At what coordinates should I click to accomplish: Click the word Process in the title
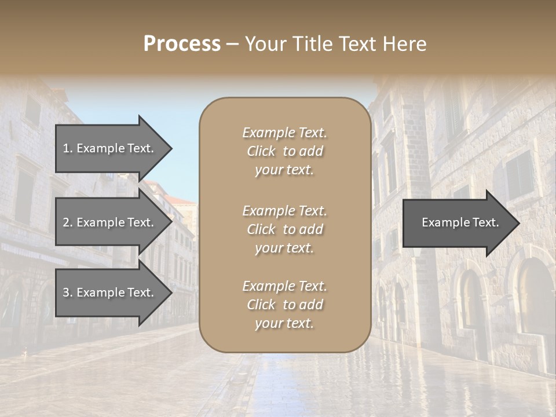(x=182, y=44)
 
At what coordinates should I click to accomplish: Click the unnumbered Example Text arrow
(x=460, y=222)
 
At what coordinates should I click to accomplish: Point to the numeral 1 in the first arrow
(x=66, y=148)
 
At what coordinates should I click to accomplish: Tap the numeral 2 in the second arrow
(x=66, y=222)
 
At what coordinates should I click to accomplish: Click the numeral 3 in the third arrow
(x=66, y=292)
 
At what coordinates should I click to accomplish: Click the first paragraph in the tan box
(x=285, y=151)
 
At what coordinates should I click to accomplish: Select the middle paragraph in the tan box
(x=285, y=229)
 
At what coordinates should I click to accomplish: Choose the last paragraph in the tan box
(x=285, y=305)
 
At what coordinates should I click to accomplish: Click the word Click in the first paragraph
(x=261, y=152)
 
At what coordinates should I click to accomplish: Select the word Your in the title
(x=266, y=44)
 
